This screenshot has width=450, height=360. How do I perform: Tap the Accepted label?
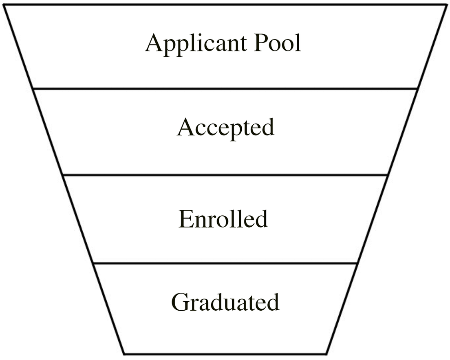tap(225, 128)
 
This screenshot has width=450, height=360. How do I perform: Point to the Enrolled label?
tap(223, 219)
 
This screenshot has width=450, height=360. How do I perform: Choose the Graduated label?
tap(225, 303)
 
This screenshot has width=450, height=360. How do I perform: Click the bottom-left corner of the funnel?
tap(124, 353)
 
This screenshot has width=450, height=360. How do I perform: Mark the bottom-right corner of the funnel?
tap(326, 353)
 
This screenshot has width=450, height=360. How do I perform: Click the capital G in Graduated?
tap(180, 303)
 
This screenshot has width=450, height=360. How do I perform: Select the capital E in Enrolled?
tap(185, 219)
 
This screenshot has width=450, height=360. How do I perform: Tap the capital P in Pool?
tap(261, 42)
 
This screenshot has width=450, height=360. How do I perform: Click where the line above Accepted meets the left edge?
tap(33, 88)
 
